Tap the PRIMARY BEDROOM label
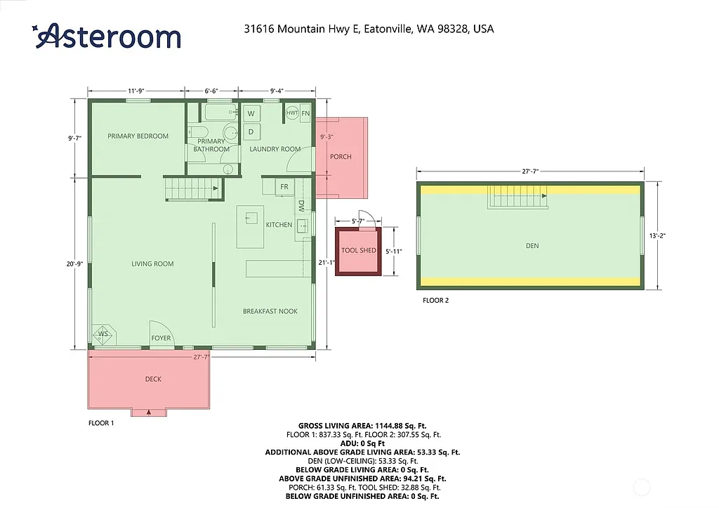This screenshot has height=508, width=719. coord(138,136)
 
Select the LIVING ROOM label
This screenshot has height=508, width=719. coord(152,264)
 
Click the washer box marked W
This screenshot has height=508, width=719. coord(251,113)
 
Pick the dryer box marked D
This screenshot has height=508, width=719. coord(251,131)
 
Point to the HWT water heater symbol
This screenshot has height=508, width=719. coord(292,113)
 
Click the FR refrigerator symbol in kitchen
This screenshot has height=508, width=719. coord(284,187)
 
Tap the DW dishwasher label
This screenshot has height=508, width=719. coord(301,206)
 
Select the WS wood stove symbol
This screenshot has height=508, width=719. coord(103,334)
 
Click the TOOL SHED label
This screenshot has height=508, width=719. coord(358,251)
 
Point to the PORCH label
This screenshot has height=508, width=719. coord(341,157)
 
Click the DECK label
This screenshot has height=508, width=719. coord(153,379)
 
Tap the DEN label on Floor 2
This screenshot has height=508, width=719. coord(532,246)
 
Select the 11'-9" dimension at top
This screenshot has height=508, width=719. coord(136,91)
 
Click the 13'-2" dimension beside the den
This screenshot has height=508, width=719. coord(657,236)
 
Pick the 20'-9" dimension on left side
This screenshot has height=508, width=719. coord(76,263)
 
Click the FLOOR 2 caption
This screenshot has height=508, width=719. coord(435,301)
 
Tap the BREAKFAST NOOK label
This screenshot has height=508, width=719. coord(270,311)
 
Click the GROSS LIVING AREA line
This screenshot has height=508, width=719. coord(362,426)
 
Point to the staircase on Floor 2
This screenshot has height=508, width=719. coord(518,199)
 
